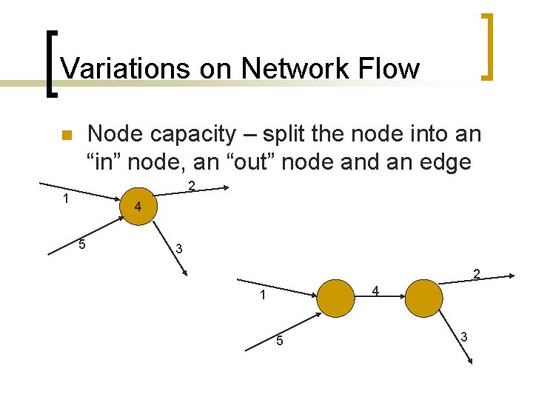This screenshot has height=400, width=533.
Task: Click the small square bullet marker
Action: (65, 136)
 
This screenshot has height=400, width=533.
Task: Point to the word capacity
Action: (192, 135)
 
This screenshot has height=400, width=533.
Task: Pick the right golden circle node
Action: (424, 299)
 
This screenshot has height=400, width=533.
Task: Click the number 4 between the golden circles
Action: (376, 291)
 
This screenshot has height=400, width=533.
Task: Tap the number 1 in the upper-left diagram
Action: (66, 198)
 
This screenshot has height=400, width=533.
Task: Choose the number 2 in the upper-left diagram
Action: (191, 185)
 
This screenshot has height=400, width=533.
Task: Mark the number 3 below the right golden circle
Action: (464, 337)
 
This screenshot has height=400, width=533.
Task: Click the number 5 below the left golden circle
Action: (279, 341)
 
